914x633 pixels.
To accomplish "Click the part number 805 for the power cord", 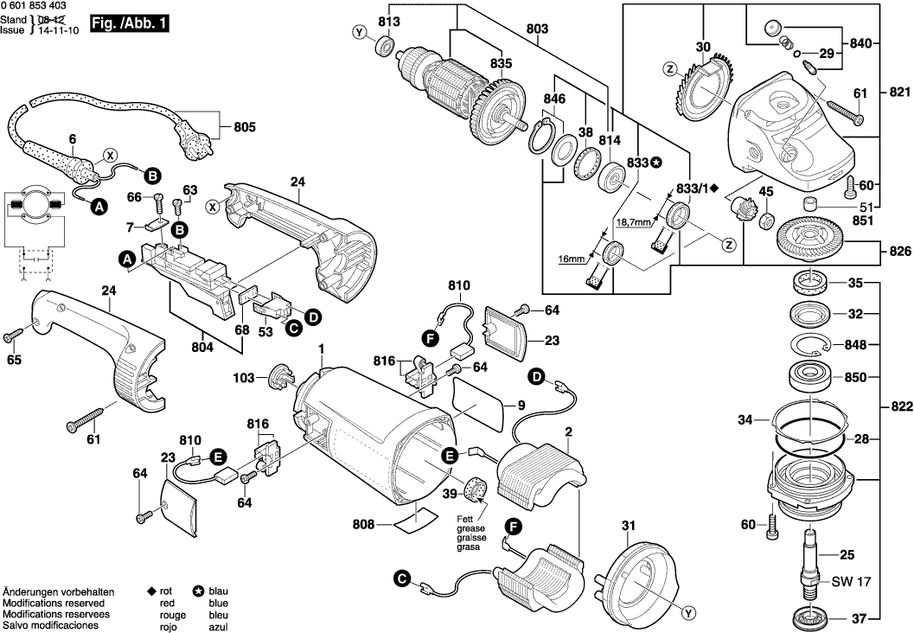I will tap(246, 127).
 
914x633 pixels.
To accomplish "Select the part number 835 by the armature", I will tap(501, 62).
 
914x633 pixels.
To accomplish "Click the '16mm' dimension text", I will tap(572, 258).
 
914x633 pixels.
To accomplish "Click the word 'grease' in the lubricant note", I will tap(471, 527).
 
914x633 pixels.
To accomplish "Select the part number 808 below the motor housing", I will tap(365, 522).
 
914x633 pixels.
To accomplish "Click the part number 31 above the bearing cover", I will tap(628, 525).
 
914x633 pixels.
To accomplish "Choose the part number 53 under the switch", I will tap(266, 331).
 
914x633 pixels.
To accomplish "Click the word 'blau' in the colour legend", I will tap(218, 591).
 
